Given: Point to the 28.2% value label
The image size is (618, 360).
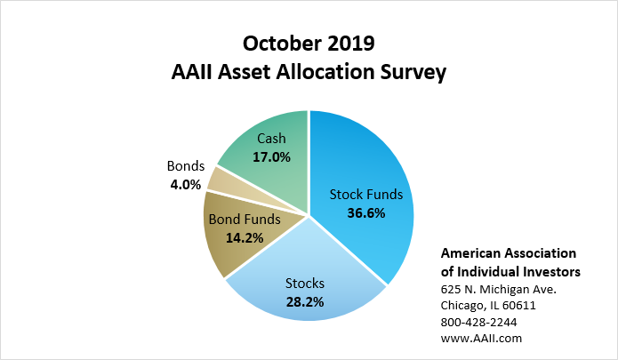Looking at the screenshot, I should (x=304, y=301).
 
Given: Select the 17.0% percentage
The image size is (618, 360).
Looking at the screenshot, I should (x=271, y=156).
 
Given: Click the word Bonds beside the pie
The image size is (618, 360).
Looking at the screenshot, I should (x=186, y=167).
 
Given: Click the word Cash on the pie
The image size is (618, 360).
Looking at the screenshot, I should (x=271, y=139).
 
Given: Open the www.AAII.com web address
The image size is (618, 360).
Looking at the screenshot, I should (x=481, y=338).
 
